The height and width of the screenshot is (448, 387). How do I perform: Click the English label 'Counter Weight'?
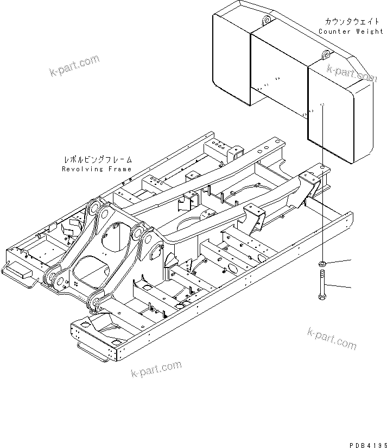pos(351,32)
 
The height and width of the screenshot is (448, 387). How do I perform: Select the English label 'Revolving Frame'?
pos(97,169)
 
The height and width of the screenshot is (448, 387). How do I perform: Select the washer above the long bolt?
pos(321,265)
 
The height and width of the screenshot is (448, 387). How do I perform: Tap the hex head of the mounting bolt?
pos(321,297)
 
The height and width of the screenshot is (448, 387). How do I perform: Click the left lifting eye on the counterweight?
pos(265,21)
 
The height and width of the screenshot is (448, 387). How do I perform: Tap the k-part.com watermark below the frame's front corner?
pos(156,369)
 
